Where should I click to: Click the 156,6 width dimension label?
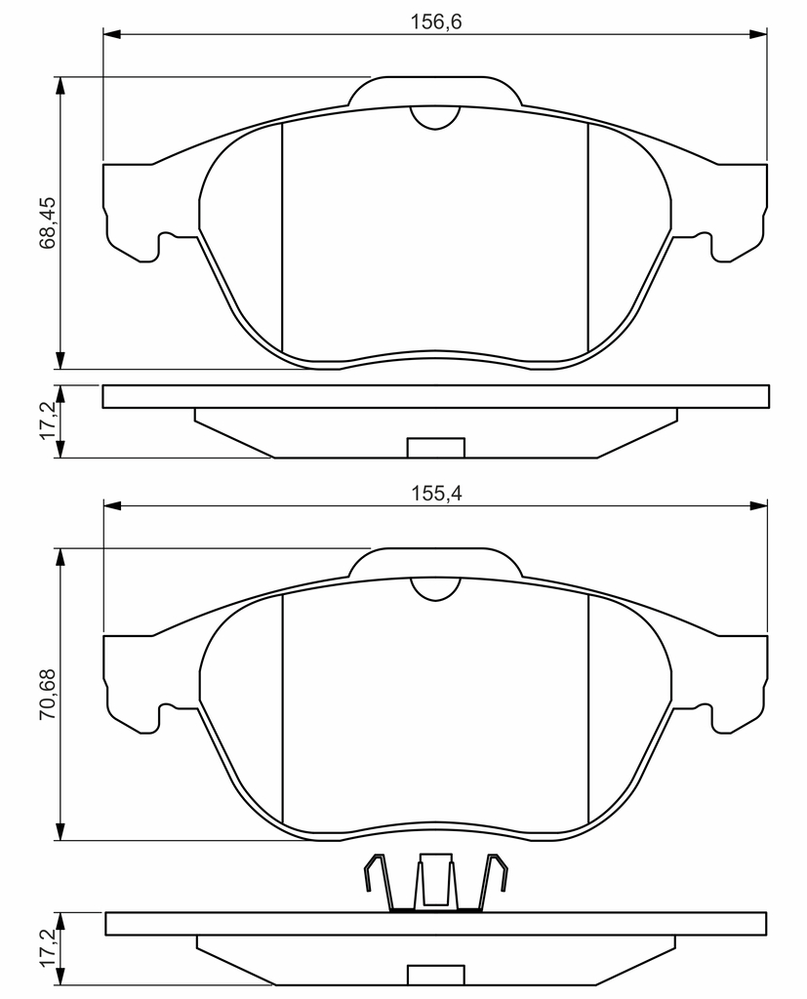[x=435, y=21]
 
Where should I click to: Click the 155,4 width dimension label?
[x=435, y=493]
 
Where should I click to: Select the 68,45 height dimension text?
[x=48, y=222]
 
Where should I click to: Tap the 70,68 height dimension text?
[x=48, y=694]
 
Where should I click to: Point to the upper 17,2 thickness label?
[x=48, y=420]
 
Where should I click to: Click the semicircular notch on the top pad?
[x=435, y=118]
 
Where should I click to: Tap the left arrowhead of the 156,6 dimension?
[x=111, y=33]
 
